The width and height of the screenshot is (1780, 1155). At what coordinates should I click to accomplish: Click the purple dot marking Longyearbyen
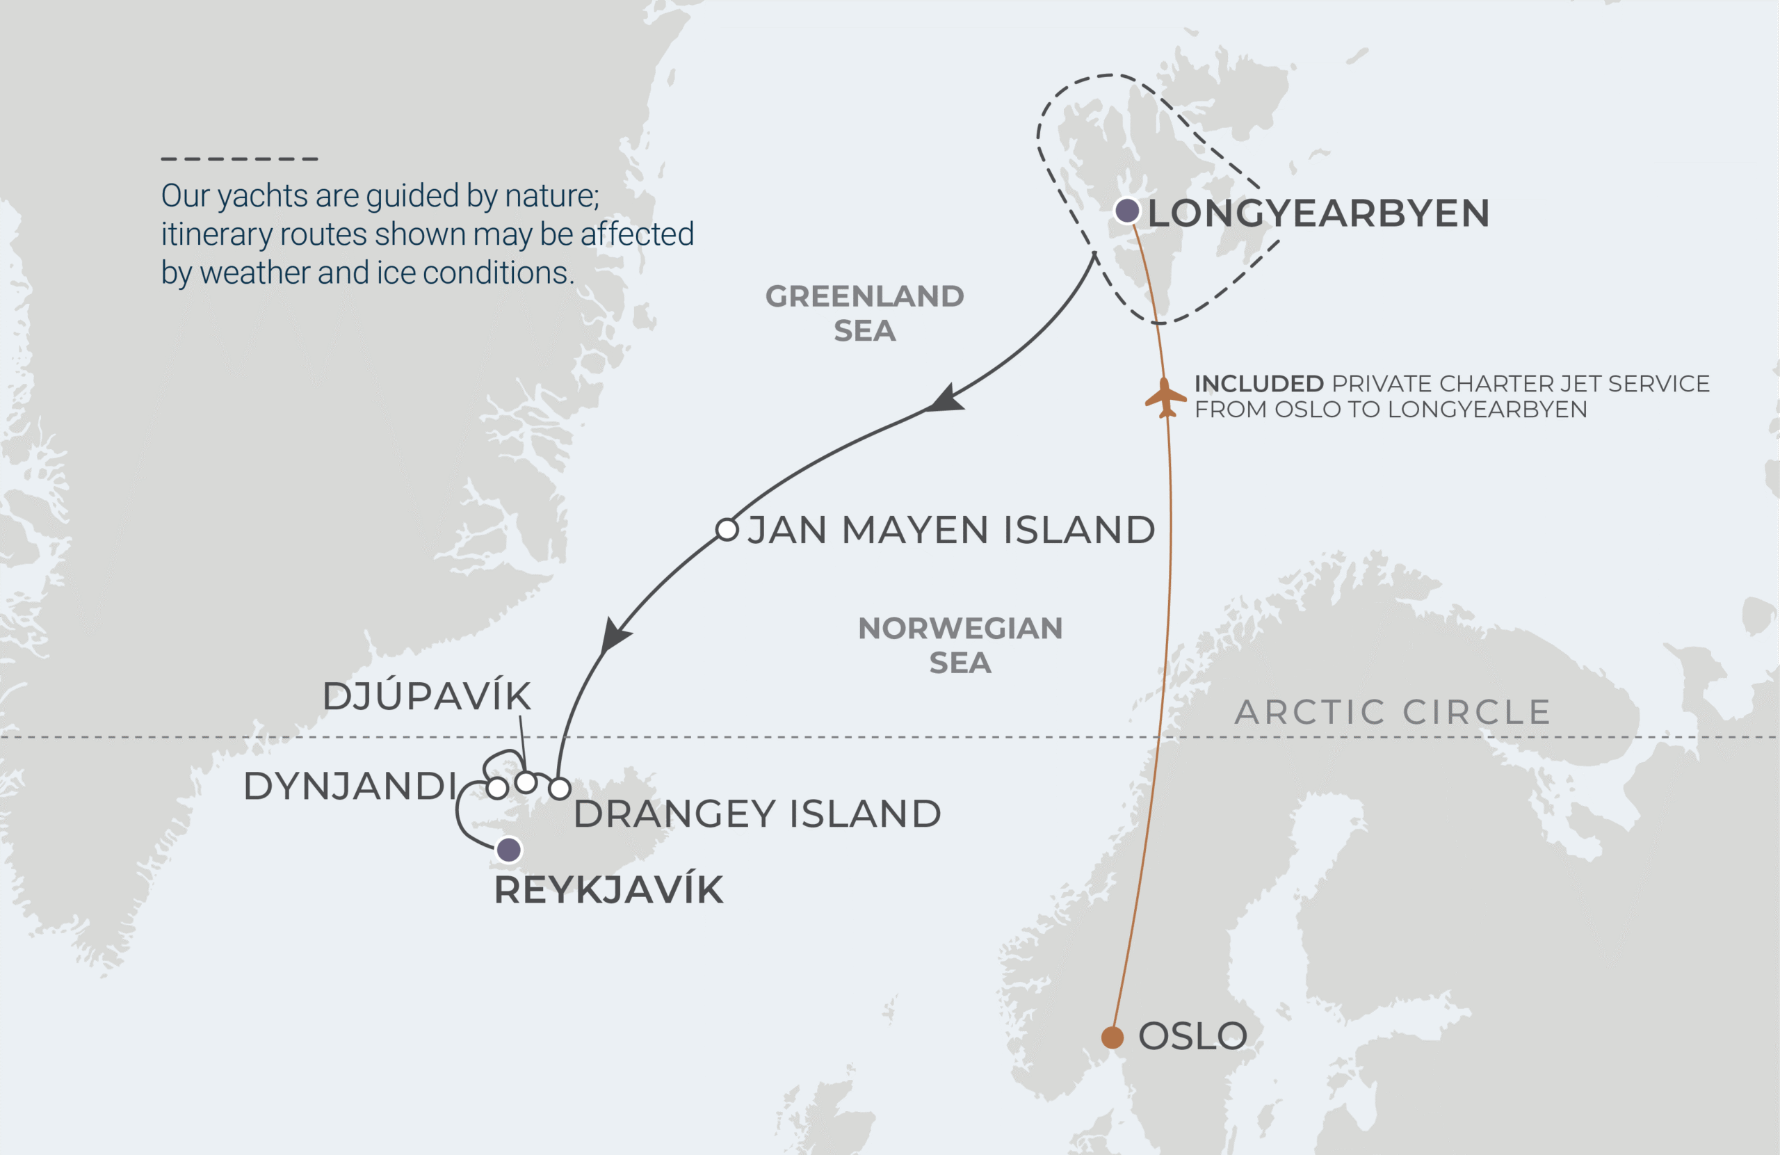(1127, 211)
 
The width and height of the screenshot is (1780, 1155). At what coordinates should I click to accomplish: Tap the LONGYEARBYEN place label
(1318, 213)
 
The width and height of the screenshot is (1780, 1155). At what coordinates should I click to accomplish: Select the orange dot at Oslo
(1112, 1037)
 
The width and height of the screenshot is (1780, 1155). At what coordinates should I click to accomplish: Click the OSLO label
(1192, 1036)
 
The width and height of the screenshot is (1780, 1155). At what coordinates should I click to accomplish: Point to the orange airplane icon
(1165, 398)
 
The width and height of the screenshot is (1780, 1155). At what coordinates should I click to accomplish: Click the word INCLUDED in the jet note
(1259, 384)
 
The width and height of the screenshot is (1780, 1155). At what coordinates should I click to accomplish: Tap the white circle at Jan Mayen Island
(727, 530)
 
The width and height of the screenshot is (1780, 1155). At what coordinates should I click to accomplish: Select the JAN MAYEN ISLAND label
(950, 530)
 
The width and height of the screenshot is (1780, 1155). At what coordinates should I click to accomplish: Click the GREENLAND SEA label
(864, 313)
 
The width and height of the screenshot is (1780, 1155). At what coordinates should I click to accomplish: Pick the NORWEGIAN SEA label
(960, 645)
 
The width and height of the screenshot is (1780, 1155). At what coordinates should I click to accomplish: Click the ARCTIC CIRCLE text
(1393, 711)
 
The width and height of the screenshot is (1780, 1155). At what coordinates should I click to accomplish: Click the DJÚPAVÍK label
(426, 697)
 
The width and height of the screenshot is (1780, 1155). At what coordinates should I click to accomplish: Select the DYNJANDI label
(350, 786)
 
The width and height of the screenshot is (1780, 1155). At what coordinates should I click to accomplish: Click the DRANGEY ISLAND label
(757, 814)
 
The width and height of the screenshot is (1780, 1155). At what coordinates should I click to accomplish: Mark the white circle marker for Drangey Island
(560, 789)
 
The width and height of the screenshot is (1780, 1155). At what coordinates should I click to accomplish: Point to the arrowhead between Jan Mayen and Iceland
(615, 635)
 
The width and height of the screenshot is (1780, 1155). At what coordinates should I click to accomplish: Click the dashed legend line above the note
(239, 159)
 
